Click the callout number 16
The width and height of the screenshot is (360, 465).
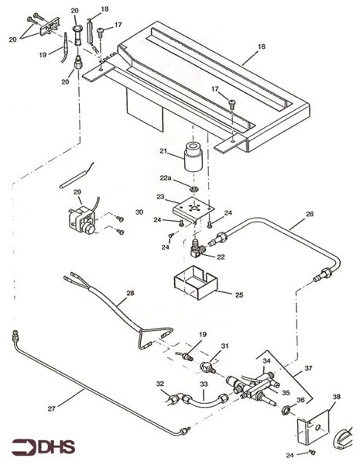tap(262, 46)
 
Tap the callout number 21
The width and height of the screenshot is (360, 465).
tap(164, 150)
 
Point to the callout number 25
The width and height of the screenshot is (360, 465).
tap(238, 294)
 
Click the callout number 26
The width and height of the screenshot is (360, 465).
tap(309, 213)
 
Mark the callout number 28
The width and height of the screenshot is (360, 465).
tap(130, 293)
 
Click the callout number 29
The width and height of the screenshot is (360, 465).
tap(77, 191)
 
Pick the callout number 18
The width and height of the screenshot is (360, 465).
tap(105, 9)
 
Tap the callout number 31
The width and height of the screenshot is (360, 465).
tap(225, 346)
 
